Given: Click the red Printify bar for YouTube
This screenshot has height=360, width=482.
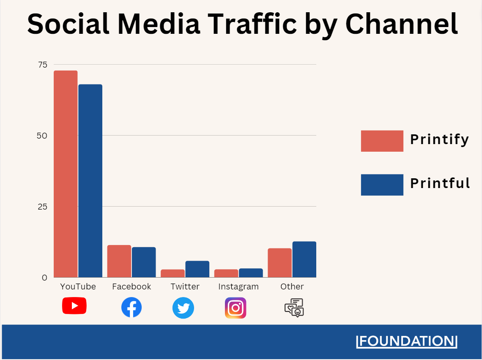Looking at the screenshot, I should point(66,174).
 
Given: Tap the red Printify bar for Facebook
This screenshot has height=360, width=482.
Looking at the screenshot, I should point(119,261).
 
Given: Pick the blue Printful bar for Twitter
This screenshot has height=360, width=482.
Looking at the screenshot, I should point(197,269).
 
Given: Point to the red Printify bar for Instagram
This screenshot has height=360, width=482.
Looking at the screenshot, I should point(226,273).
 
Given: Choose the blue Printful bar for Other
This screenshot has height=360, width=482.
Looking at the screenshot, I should point(304,259).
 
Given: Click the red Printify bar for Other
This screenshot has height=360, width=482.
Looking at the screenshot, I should point(279,263).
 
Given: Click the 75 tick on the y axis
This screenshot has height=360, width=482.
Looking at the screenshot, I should point(43,65).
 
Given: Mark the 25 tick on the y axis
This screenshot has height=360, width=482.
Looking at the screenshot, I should point(42,207).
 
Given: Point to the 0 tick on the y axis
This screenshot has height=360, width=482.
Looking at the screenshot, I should point(44,278).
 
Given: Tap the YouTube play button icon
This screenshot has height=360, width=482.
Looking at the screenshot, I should point(74,305).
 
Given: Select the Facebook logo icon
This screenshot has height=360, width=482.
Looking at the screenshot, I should point(131,307).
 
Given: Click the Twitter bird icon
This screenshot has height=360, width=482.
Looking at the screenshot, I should point(183,308).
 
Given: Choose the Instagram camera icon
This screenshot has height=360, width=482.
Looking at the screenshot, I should point(236,308).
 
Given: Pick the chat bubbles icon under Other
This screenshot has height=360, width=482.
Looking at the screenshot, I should point(294,308).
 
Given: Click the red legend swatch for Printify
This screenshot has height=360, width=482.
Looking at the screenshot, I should point(382,141).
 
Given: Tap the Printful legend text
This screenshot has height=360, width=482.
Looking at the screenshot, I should point(440,183).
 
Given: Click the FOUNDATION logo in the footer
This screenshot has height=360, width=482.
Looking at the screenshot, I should point(407,341).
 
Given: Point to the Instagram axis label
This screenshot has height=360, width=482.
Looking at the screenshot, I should point(238,286).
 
